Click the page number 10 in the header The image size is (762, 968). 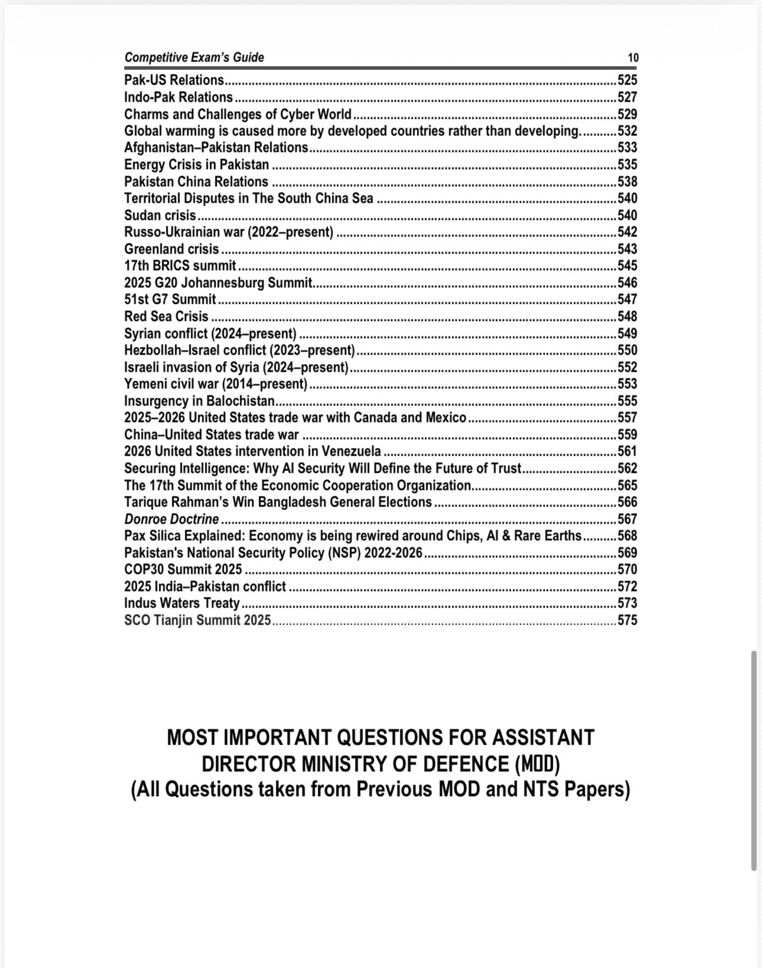click(x=633, y=58)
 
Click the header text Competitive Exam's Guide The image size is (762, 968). click(x=194, y=57)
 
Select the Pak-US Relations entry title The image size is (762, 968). click(x=174, y=80)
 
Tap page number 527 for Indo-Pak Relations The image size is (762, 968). click(x=627, y=97)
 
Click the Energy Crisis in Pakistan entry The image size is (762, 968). click(x=196, y=164)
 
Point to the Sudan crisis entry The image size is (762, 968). click(x=159, y=215)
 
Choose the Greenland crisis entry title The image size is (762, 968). click(x=171, y=249)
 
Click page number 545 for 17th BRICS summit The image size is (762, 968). click(x=627, y=266)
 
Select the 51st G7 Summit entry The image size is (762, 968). click(x=170, y=300)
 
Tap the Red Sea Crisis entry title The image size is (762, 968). click(x=166, y=316)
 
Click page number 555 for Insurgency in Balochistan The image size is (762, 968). click(x=627, y=401)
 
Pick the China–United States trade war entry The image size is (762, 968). click(x=211, y=435)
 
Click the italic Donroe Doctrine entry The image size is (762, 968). click(x=171, y=519)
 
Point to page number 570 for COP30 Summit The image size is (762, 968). click(x=627, y=570)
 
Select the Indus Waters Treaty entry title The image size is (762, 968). click(x=181, y=603)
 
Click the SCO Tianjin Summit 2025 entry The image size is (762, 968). click(x=197, y=621)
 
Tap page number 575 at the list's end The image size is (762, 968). click(x=627, y=621)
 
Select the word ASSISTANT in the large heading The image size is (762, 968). click(x=543, y=738)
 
